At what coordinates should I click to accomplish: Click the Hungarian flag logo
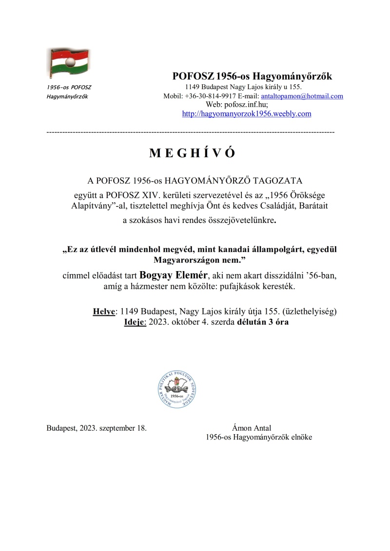point(67,63)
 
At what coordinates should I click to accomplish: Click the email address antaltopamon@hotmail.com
point(302,96)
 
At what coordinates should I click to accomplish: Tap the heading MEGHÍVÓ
point(192,153)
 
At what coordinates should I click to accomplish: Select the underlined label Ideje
point(135,321)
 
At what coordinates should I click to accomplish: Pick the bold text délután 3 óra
point(263,321)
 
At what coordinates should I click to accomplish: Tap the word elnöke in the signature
point(300,437)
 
